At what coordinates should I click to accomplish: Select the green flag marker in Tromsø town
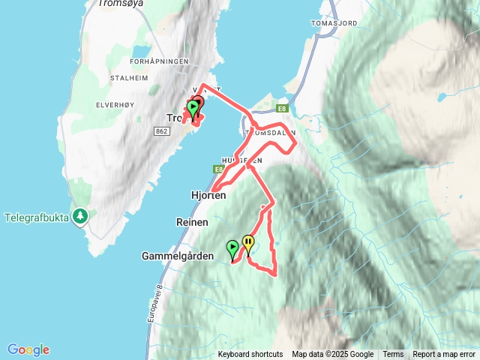coord(193,109)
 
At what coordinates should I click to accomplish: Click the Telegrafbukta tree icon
coord(80,217)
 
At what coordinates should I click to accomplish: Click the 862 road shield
coord(160,131)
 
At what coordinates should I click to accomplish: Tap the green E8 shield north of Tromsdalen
coord(282,109)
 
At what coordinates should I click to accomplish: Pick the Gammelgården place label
coord(178,256)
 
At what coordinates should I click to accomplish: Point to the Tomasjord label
coord(339,22)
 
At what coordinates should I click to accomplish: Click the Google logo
coord(28,349)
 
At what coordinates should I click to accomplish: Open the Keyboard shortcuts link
coord(250,355)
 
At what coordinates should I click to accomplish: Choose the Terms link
coord(393,355)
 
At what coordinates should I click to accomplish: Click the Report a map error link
coord(444,355)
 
